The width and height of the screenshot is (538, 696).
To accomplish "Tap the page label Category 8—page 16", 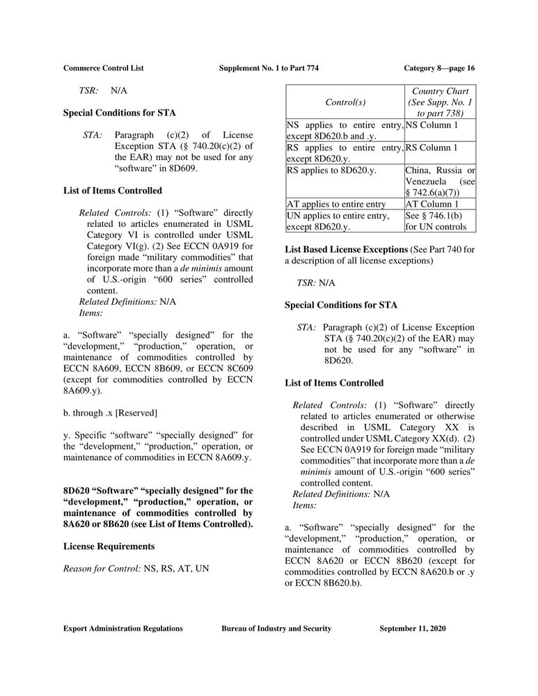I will (439, 68).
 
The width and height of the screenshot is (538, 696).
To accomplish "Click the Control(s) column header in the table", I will (345, 102).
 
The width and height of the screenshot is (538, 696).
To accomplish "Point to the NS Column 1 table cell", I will (432, 125).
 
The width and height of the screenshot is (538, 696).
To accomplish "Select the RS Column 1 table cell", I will (432, 148).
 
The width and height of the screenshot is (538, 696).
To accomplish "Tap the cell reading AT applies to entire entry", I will (336, 204).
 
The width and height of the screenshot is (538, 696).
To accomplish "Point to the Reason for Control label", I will (102, 569).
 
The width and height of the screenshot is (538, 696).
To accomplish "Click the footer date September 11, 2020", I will (413, 628).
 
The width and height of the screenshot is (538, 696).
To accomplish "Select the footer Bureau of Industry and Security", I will (276, 628).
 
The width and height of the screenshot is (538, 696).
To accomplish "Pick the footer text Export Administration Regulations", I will (123, 628).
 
